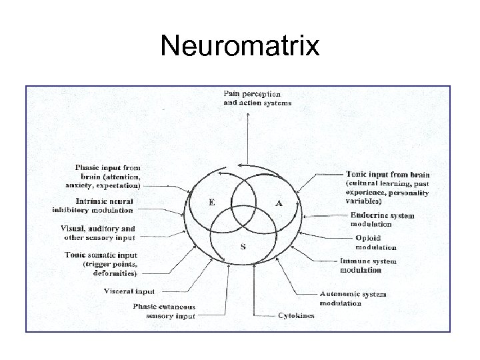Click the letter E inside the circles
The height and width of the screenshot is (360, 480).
tap(211, 203)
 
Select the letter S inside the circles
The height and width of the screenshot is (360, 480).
tap(243, 246)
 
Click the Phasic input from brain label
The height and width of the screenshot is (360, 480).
tap(109, 177)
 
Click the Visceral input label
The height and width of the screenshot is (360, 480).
tap(129, 291)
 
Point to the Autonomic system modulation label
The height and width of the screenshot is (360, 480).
tap(353, 298)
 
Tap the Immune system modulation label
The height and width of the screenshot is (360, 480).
tap(368, 265)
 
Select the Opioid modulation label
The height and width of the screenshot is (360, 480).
tap(375, 243)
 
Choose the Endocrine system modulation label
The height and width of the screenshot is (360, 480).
tap(382, 219)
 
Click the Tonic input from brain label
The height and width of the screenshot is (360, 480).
tap(387, 183)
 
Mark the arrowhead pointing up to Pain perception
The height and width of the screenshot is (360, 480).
tap(248, 115)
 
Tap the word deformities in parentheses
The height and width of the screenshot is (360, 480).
tap(115, 273)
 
